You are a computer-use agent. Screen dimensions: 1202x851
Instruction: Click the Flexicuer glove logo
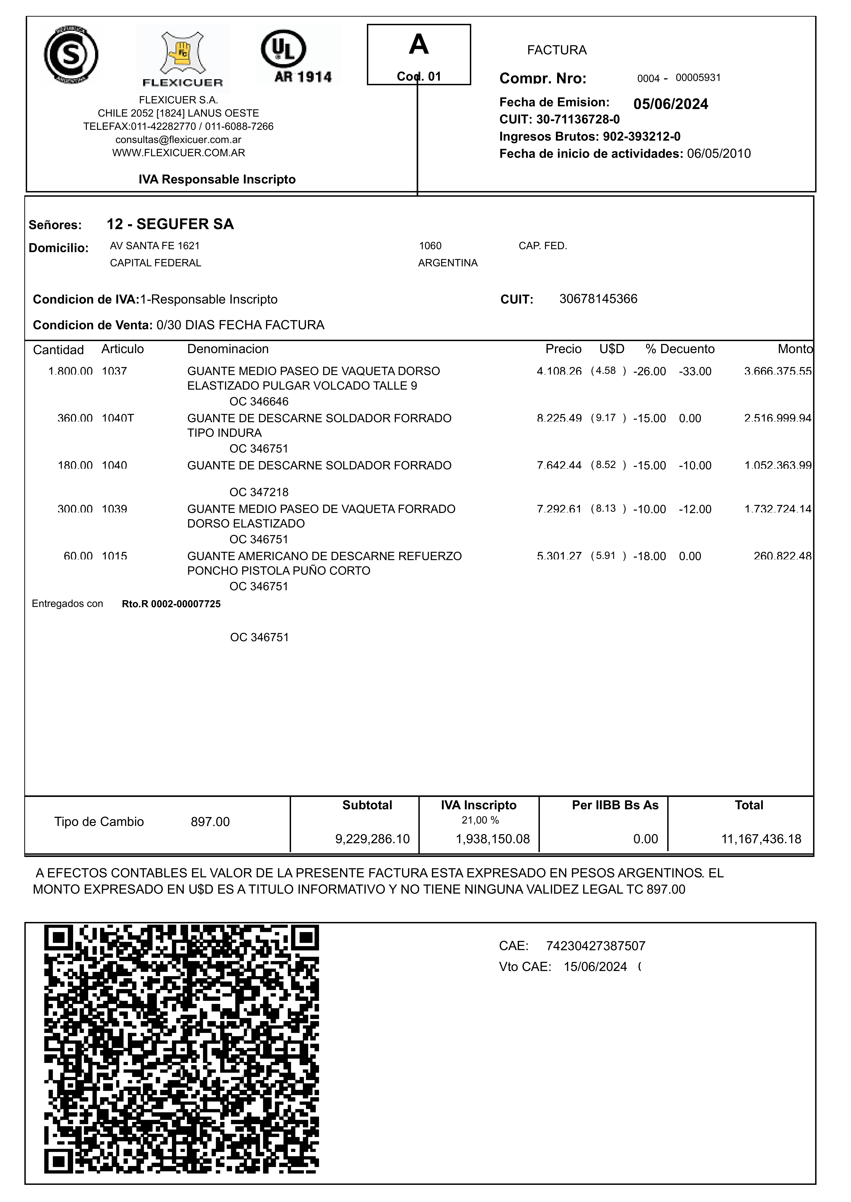pos(182,58)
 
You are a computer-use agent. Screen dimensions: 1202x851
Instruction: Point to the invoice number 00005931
pos(698,78)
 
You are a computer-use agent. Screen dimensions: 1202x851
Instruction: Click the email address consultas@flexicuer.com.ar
pos(178,140)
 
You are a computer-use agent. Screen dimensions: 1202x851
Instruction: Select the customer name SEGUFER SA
pos(185,225)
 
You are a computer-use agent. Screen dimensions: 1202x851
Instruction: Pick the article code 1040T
pos(118,418)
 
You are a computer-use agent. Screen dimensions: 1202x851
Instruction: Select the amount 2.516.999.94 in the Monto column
pos(778,418)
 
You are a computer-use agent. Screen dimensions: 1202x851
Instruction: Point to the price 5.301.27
pos(559,556)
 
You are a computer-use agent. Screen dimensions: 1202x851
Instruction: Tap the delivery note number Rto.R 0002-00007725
pos(171,604)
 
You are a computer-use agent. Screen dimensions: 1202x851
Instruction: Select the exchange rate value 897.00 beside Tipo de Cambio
pos(210,822)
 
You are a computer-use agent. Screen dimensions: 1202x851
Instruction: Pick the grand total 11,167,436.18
pos(761,839)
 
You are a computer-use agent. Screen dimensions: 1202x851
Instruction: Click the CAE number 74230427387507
pos(595,946)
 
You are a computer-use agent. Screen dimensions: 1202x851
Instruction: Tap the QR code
pos(181,1050)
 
